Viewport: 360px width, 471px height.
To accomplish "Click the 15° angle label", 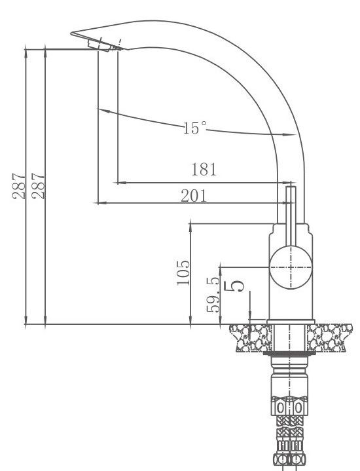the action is [195, 128].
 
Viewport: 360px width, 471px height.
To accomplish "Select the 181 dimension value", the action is [204, 170].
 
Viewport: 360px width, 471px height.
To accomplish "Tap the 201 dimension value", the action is [194, 196].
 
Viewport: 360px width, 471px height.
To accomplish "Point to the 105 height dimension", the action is [183, 273].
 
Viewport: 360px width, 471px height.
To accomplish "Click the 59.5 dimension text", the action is [213, 295].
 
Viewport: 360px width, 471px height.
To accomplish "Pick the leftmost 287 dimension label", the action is [18, 186].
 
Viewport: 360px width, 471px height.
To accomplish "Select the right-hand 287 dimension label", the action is [38, 186].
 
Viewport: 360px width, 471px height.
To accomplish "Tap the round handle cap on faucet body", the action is [291, 267].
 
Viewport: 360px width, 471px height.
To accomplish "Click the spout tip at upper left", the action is [72, 33].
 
